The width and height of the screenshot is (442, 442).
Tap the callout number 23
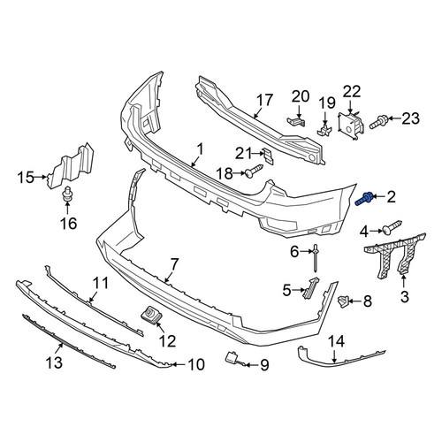coord(411,118)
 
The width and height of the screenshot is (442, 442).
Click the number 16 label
coord(69,224)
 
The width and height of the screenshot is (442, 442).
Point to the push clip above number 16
coord(68,194)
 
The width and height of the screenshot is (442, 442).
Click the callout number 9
coord(264,365)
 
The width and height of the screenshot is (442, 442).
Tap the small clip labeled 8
coord(343,301)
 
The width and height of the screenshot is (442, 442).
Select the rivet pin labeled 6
coord(316,258)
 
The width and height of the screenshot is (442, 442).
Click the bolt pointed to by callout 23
coord(378,122)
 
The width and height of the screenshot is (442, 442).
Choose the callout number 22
coord(352,91)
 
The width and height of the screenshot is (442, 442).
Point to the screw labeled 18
coord(254,171)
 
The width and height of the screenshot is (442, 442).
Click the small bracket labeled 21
coord(268,156)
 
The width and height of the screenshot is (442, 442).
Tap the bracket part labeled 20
coord(296,121)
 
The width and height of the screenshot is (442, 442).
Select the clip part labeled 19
coord(324,130)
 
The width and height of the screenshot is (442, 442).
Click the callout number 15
coord(26,178)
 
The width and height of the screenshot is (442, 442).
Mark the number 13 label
coord(54,362)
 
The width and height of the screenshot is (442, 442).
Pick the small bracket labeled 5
coord(310,288)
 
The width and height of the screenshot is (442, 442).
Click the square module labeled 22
coord(351,126)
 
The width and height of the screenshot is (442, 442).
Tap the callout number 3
coord(405,296)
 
